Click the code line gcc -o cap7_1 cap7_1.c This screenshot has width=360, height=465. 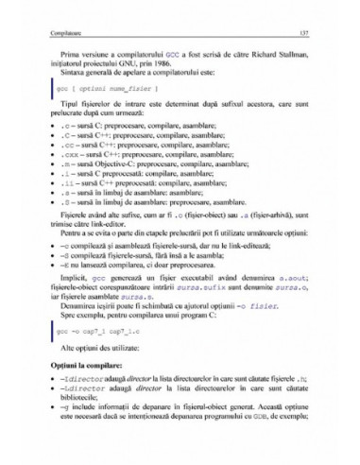(85, 358)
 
